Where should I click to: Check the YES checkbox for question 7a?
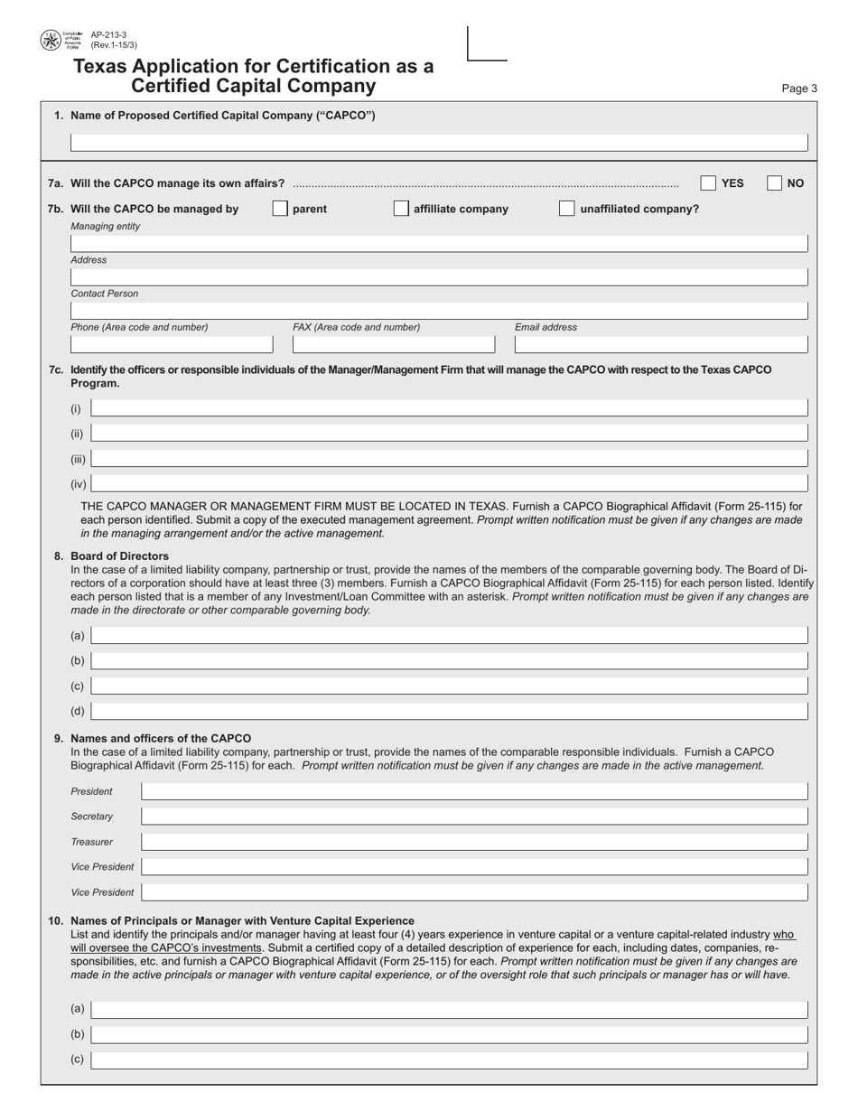coord(709,182)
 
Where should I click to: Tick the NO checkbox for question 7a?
coord(774,182)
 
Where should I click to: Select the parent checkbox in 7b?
coord(280,209)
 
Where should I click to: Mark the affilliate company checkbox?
coord(401,209)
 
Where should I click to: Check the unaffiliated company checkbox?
coord(566,209)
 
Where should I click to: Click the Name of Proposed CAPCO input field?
coord(439,142)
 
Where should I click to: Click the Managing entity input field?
coord(439,243)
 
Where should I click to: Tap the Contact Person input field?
coord(439,311)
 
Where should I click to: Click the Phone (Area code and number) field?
coord(172,343)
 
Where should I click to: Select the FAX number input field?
coord(394,343)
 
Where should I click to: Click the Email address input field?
coord(661,343)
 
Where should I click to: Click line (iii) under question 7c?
coord(449,459)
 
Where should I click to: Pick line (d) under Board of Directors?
coord(449,711)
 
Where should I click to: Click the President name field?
coord(474,792)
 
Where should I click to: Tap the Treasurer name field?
coord(474,842)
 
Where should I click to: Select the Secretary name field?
coord(474,817)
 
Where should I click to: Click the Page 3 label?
coord(799,89)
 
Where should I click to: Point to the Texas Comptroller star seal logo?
coord(51,40)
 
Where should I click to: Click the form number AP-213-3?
coord(108,35)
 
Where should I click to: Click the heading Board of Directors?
coord(119,555)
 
